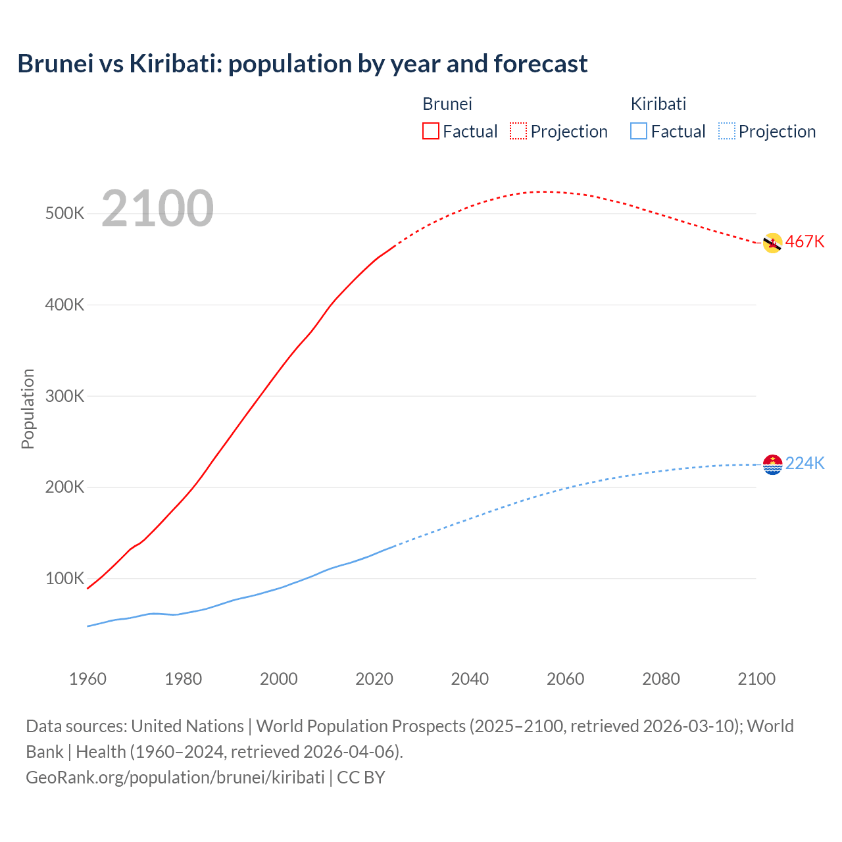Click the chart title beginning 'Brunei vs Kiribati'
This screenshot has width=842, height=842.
[303, 64]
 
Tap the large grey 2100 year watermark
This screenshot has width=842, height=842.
[157, 209]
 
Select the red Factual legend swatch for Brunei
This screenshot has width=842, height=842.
[430, 131]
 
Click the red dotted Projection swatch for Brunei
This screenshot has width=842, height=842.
[518, 131]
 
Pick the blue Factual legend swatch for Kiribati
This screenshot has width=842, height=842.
[638, 131]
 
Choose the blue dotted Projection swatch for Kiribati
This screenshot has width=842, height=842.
[726, 131]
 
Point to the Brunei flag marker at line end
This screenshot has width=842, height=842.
[772, 243]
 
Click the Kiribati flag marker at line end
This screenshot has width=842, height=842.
[772, 464]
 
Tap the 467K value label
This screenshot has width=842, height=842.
[805, 241]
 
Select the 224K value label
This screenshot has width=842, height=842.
[805, 464]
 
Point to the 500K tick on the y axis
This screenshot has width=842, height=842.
[64, 214]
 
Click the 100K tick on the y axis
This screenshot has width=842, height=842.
[64, 579]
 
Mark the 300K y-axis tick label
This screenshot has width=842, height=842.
[64, 396]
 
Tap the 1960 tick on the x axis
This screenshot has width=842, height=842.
[87, 679]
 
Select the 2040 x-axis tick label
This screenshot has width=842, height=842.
[470, 679]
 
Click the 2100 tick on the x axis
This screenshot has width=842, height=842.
[756, 679]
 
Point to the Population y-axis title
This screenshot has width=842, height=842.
[28, 409]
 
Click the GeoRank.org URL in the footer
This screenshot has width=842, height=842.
[175, 777]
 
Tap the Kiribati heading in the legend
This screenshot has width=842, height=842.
[658, 104]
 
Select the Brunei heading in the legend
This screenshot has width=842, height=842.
[447, 104]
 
